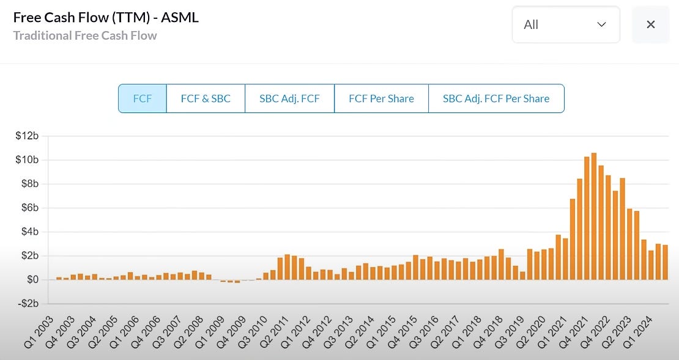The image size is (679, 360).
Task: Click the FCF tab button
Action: (x=142, y=98)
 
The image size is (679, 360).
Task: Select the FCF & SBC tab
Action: (x=206, y=98)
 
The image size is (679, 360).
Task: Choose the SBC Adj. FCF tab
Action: (x=289, y=98)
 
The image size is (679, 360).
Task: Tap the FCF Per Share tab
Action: (x=381, y=98)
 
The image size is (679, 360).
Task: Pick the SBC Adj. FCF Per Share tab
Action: (x=495, y=98)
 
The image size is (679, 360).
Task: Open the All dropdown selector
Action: (x=565, y=24)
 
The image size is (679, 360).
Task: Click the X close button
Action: (x=651, y=24)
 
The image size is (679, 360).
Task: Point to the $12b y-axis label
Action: (x=28, y=136)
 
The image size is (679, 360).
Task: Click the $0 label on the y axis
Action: (x=32, y=280)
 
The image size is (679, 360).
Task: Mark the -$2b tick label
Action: (x=28, y=304)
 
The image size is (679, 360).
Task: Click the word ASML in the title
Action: (x=180, y=17)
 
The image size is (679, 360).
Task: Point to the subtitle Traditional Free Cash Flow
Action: (x=85, y=35)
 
